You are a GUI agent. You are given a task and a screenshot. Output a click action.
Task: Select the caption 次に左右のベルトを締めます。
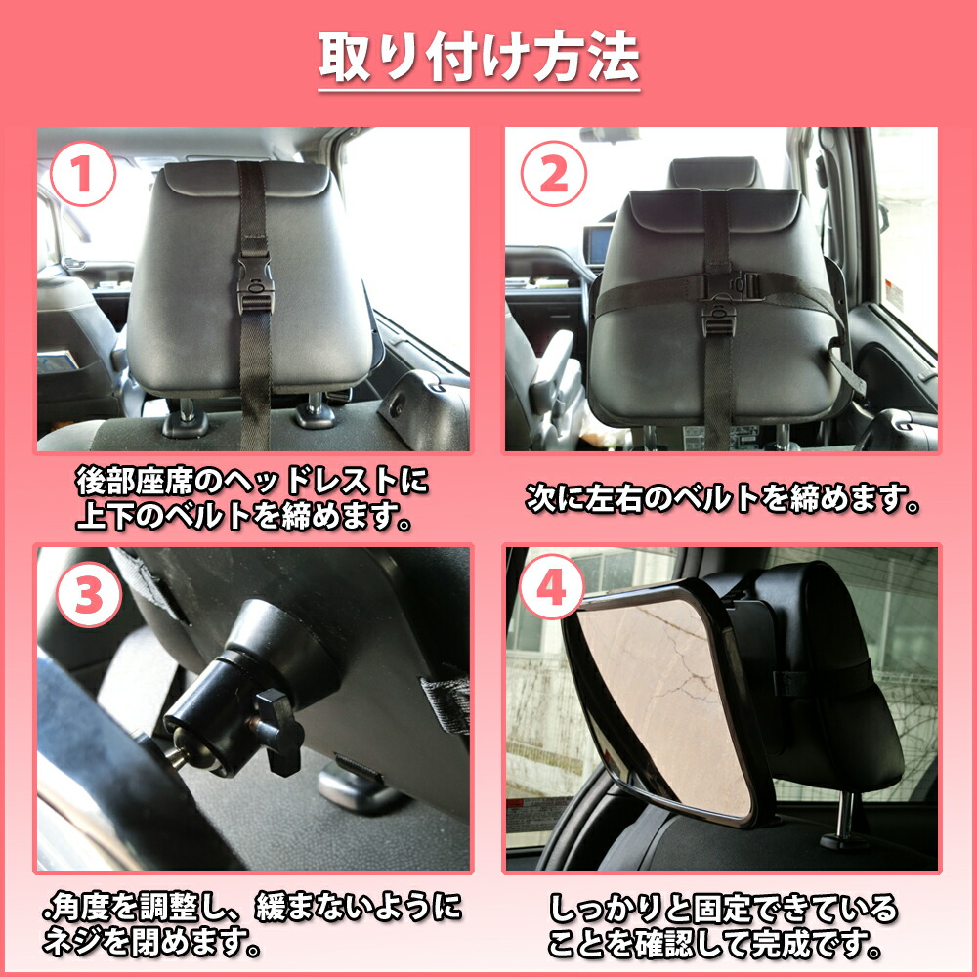click(x=723, y=500)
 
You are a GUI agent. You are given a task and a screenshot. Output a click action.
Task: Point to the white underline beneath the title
click(x=480, y=91)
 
